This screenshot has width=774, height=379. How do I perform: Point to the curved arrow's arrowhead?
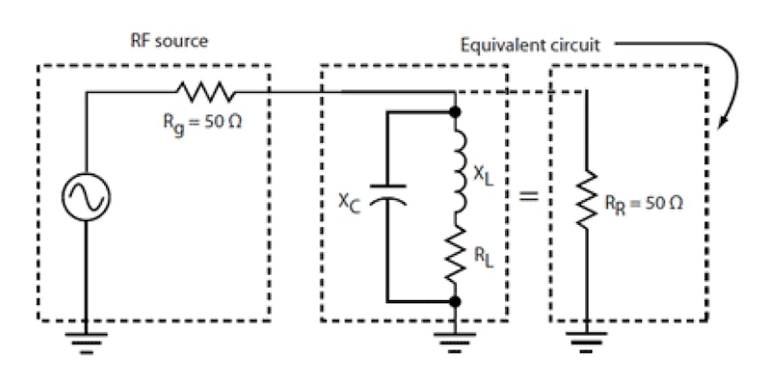coord(722,125)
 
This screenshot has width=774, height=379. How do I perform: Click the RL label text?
coord(487,260)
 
